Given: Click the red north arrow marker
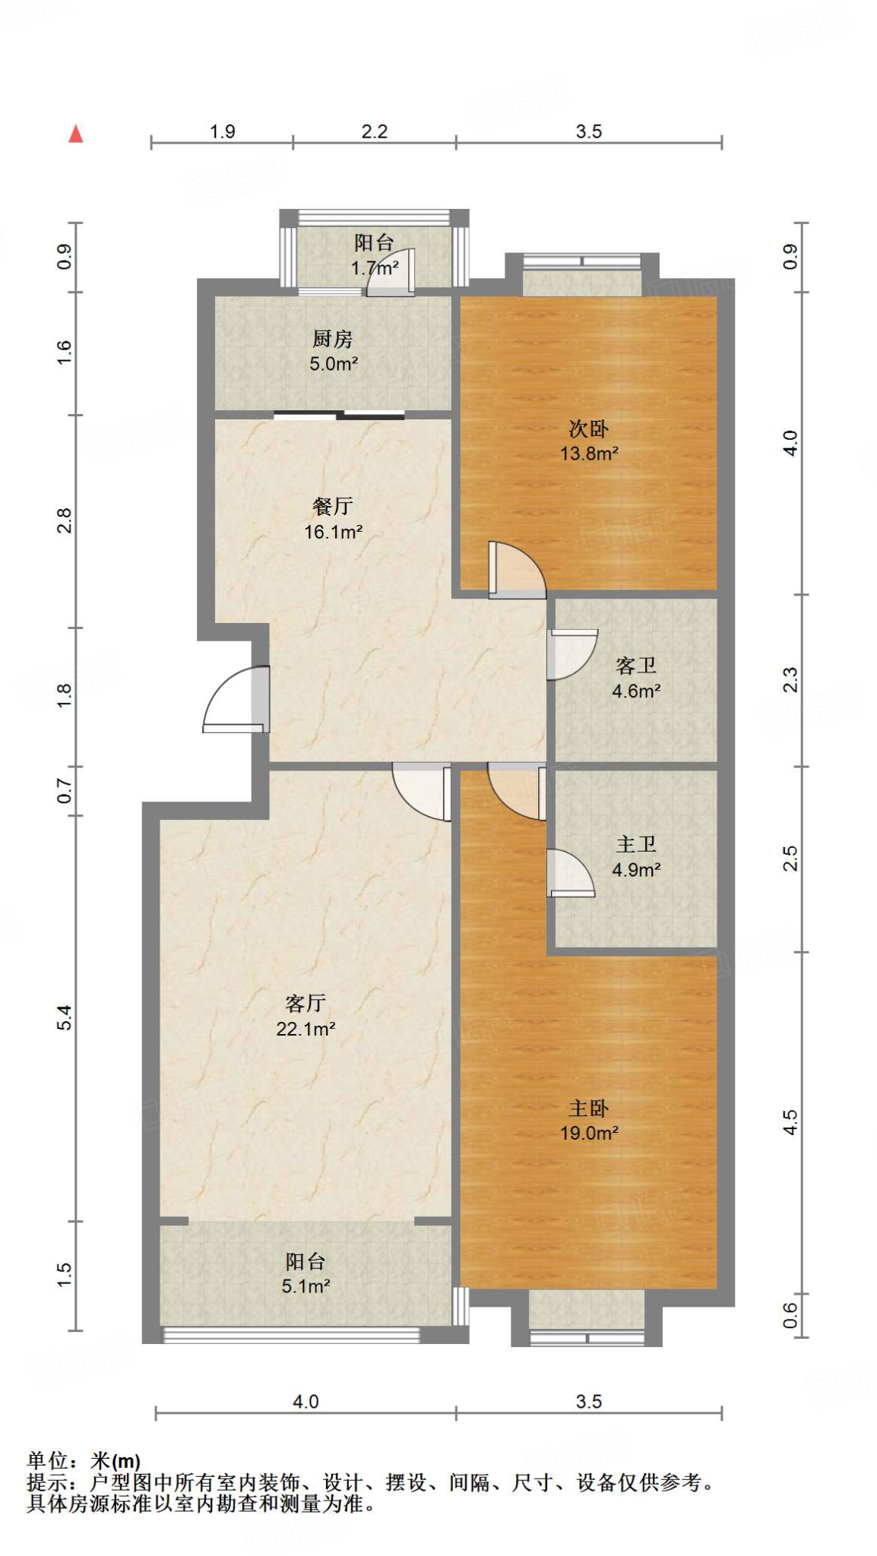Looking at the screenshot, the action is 75,134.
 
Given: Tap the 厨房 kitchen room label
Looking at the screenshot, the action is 333,339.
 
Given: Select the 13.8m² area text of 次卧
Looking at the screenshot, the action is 589,454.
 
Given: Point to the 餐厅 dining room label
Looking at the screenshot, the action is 333,506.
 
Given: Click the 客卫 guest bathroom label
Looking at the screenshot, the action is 636,666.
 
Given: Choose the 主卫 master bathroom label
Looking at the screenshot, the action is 636,844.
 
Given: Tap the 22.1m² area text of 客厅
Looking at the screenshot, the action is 306,1029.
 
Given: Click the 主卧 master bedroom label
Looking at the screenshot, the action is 589,1108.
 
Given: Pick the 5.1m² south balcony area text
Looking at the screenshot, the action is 306,1286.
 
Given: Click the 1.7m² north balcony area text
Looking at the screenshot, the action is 375,267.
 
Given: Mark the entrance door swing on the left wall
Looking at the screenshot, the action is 236,699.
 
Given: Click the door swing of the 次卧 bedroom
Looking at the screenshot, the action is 517,569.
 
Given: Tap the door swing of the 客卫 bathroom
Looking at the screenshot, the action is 572,654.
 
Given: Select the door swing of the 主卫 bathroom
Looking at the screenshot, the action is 570,872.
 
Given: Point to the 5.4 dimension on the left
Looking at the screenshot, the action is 65,1017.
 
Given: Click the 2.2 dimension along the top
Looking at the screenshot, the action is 374,131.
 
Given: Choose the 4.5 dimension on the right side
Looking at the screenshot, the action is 790,1122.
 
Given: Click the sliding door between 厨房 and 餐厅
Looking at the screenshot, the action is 339,415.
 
